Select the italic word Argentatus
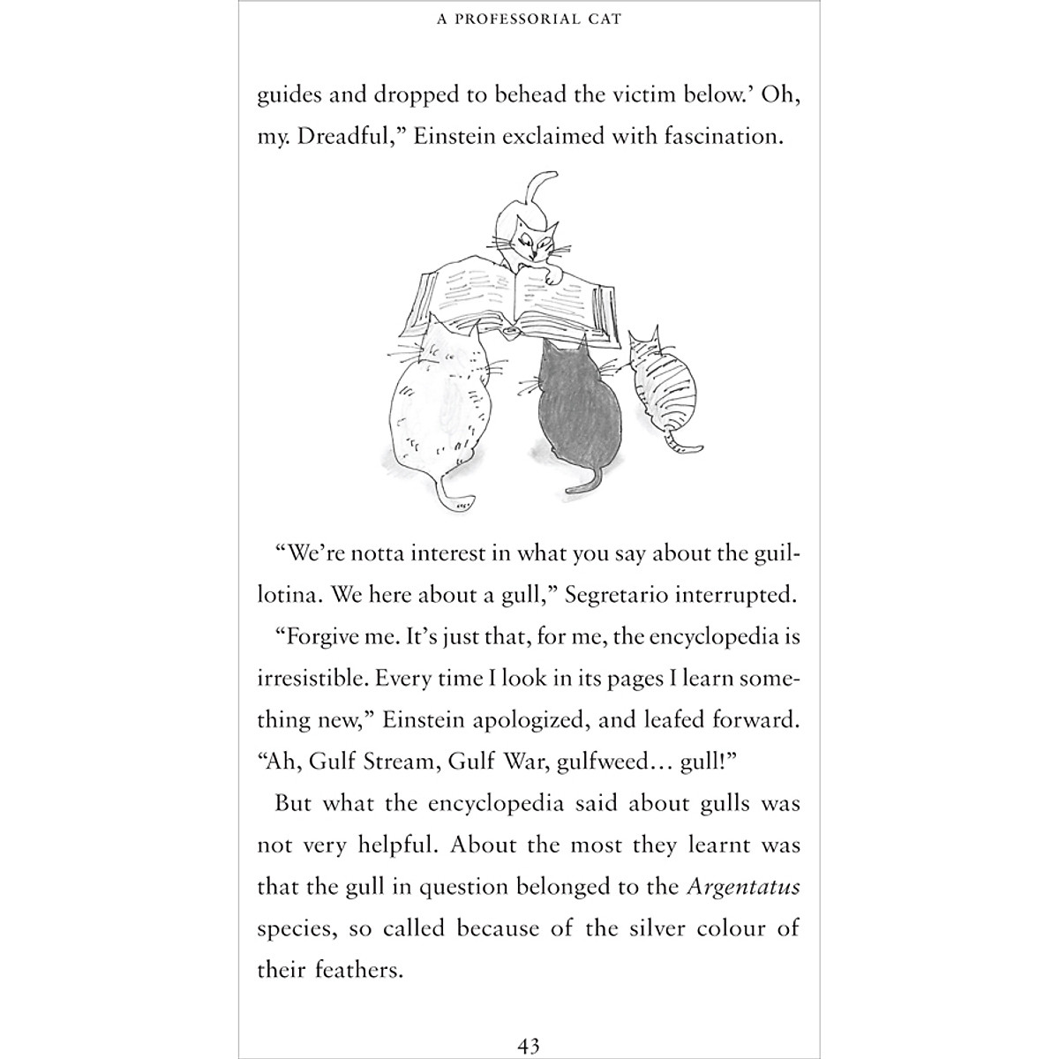(743, 887)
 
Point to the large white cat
(439, 402)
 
